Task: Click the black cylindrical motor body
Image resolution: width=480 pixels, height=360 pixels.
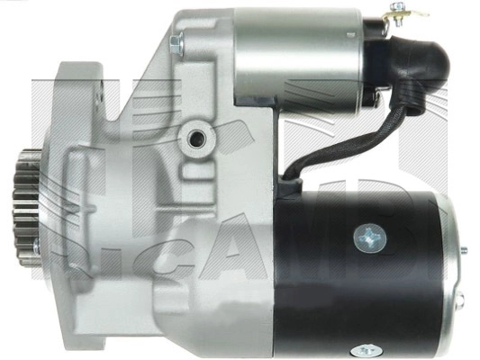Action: pos(360,270)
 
